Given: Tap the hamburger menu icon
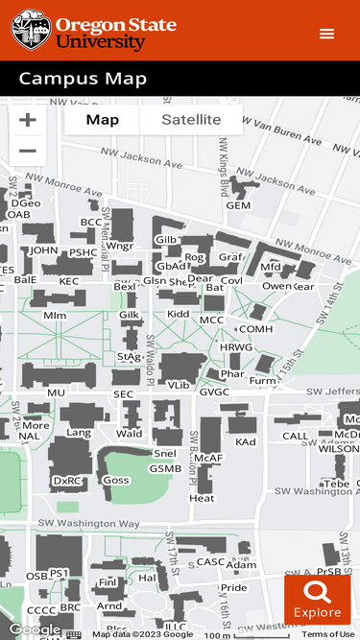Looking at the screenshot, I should click(327, 34).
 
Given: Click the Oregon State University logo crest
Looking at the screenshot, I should click(31, 30).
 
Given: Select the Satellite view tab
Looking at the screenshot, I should click(191, 120).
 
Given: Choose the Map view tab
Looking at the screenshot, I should click(103, 120).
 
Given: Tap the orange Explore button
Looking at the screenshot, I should click(317, 600).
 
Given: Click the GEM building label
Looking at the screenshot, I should click(238, 205).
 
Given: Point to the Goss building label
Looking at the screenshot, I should click(116, 480).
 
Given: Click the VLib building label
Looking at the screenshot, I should click(180, 385).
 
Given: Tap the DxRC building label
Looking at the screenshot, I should click(67, 481).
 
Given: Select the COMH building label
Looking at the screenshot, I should click(255, 329).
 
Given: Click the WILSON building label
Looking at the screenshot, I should click(339, 448).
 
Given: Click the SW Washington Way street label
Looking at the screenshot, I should click(88, 524).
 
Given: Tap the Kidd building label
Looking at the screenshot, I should click(179, 314).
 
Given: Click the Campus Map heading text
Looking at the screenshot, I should click(83, 80).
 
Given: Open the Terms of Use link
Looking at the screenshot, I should click(328, 634).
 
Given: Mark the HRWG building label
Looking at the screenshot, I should click(236, 347).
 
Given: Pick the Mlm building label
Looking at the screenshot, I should click(55, 315).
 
